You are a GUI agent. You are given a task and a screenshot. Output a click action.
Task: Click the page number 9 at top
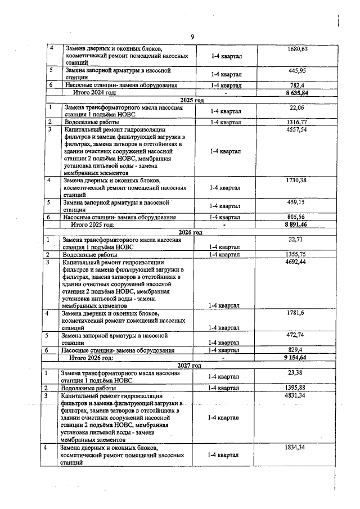tap(192, 37)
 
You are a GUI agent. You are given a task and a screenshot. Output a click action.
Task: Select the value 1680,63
tap(296, 49)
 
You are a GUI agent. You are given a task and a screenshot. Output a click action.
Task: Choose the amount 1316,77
tap(296, 121)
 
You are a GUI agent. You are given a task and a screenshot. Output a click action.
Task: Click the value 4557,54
tap(296, 129)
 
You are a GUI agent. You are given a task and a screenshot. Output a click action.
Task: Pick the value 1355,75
tap(296, 254)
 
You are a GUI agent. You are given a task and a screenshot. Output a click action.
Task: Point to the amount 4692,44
tap(296, 262)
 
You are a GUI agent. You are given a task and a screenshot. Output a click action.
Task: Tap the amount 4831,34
tap(296, 395)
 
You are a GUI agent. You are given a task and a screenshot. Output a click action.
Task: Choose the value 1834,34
tap(296, 447)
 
